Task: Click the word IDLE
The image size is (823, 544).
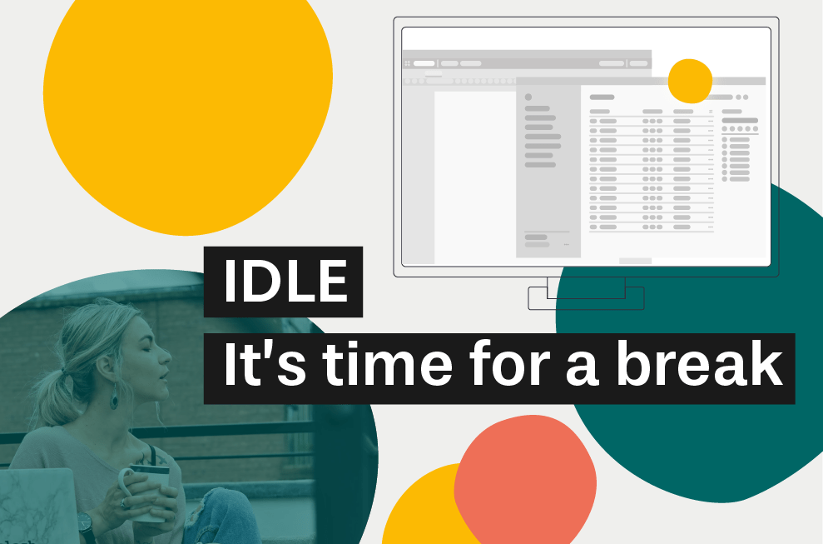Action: coord(285,282)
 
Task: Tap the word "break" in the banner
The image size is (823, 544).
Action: coord(700,363)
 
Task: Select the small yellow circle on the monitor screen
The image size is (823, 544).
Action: coord(690,81)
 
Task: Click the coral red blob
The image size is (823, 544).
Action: coord(525,481)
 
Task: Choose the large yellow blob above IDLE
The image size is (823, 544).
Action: coord(187,113)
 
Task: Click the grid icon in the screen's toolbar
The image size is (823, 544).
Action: coord(407,63)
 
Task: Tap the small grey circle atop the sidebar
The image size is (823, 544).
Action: coord(528,97)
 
